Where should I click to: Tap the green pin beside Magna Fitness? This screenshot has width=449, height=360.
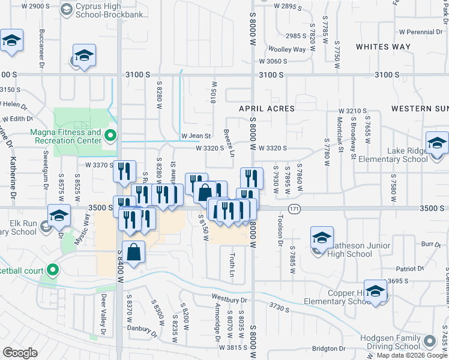click(110, 136)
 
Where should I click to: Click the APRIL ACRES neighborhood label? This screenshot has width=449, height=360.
click(267, 109)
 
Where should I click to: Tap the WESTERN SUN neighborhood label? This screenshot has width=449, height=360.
click(420, 109)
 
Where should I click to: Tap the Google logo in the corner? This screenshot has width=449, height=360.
click(20, 352)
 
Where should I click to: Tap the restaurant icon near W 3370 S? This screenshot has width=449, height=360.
click(124, 172)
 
